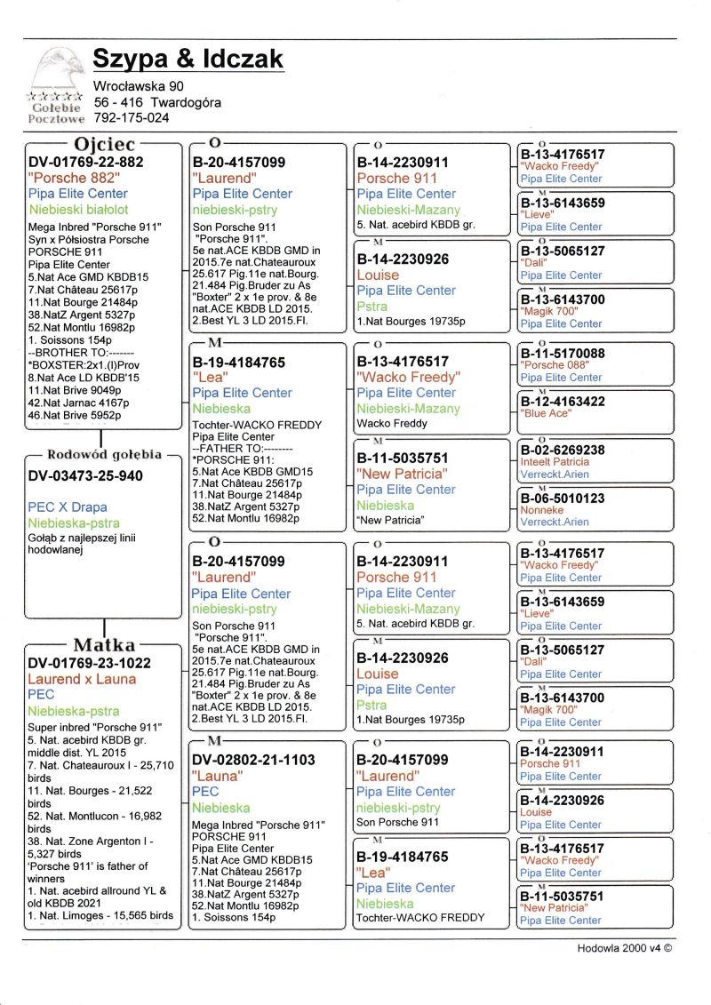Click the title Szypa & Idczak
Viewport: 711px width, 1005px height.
[x=188, y=60]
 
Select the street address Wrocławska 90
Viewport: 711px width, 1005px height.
[x=138, y=86]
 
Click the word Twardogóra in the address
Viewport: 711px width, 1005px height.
[x=186, y=102]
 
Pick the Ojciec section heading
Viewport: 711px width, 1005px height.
[x=105, y=144]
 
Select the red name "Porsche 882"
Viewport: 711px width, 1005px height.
[x=74, y=177]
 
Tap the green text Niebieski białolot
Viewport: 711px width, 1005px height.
[x=78, y=209]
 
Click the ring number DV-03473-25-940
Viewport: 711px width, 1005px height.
[x=85, y=476]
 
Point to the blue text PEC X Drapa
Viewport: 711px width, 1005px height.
[x=68, y=507]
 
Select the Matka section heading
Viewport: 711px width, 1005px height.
[x=104, y=645]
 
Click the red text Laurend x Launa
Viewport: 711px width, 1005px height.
[x=82, y=679]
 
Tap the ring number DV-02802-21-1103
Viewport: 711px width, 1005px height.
[x=253, y=760]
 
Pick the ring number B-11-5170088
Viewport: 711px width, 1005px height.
[x=563, y=354]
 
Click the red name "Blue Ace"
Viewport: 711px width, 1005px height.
[x=546, y=413]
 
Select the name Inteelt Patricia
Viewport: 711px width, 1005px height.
[x=555, y=462]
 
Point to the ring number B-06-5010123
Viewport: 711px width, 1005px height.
[x=563, y=499]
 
